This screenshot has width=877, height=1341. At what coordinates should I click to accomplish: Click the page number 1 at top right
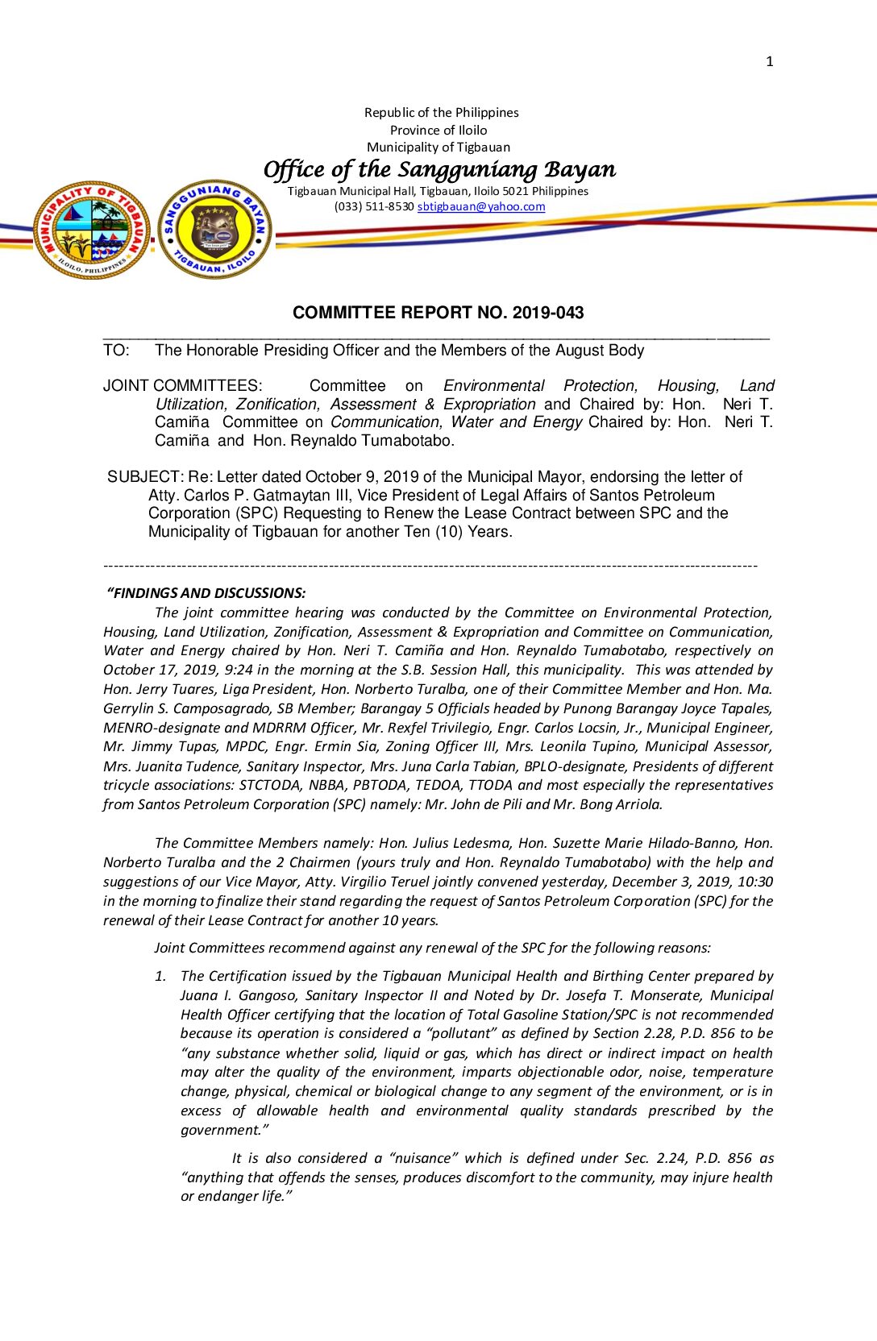coord(769,61)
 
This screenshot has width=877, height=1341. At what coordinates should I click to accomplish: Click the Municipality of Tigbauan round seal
coord(91,230)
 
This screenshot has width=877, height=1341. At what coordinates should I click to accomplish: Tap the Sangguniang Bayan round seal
coord(215,230)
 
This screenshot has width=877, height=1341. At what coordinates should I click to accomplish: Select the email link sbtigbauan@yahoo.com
coord(480,206)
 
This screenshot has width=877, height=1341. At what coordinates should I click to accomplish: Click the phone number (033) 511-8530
coord(374,206)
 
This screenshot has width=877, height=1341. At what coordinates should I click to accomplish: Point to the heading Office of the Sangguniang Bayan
coord(439,169)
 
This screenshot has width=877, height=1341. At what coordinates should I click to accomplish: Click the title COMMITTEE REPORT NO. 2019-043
coord(438,313)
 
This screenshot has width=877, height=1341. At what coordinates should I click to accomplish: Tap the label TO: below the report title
coord(116,351)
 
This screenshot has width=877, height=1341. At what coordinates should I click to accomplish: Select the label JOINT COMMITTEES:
coord(182,386)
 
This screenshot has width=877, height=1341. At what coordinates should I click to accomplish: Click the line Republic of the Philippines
coord(441,113)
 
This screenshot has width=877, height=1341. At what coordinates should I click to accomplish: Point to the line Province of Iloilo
coord(438,130)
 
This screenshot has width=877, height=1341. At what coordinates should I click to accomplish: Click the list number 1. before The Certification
coord(160,976)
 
